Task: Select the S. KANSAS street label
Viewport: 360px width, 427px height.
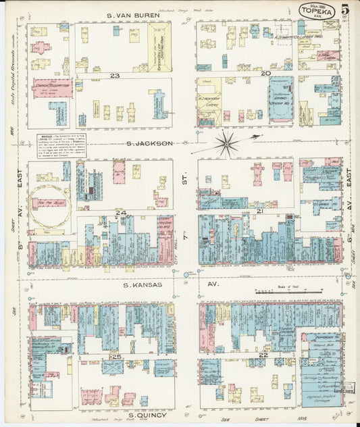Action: [x=143, y=286]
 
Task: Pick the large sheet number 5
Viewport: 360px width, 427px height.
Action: [x=345, y=9]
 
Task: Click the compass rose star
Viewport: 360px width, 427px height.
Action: [x=226, y=143]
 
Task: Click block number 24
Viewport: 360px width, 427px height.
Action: [x=121, y=213]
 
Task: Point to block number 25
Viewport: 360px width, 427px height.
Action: [x=117, y=356]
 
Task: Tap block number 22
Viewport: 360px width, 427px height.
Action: [x=263, y=355]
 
